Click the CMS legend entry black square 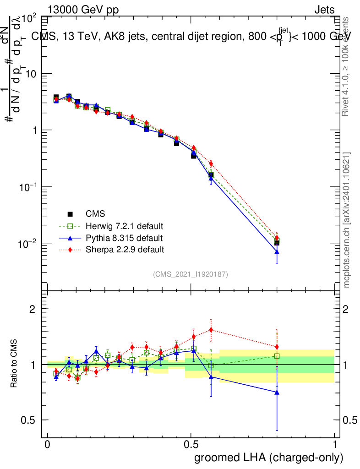(70, 214)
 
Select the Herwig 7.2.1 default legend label (125, 226)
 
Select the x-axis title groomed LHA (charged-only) (269, 458)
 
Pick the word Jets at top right (324, 10)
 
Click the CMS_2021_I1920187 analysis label (191, 274)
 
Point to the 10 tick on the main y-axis (33, 74)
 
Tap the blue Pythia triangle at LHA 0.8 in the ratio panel (277, 393)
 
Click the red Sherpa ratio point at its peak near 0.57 (211, 330)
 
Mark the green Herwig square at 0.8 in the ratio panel (277, 356)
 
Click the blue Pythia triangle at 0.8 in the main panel (277, 252)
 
